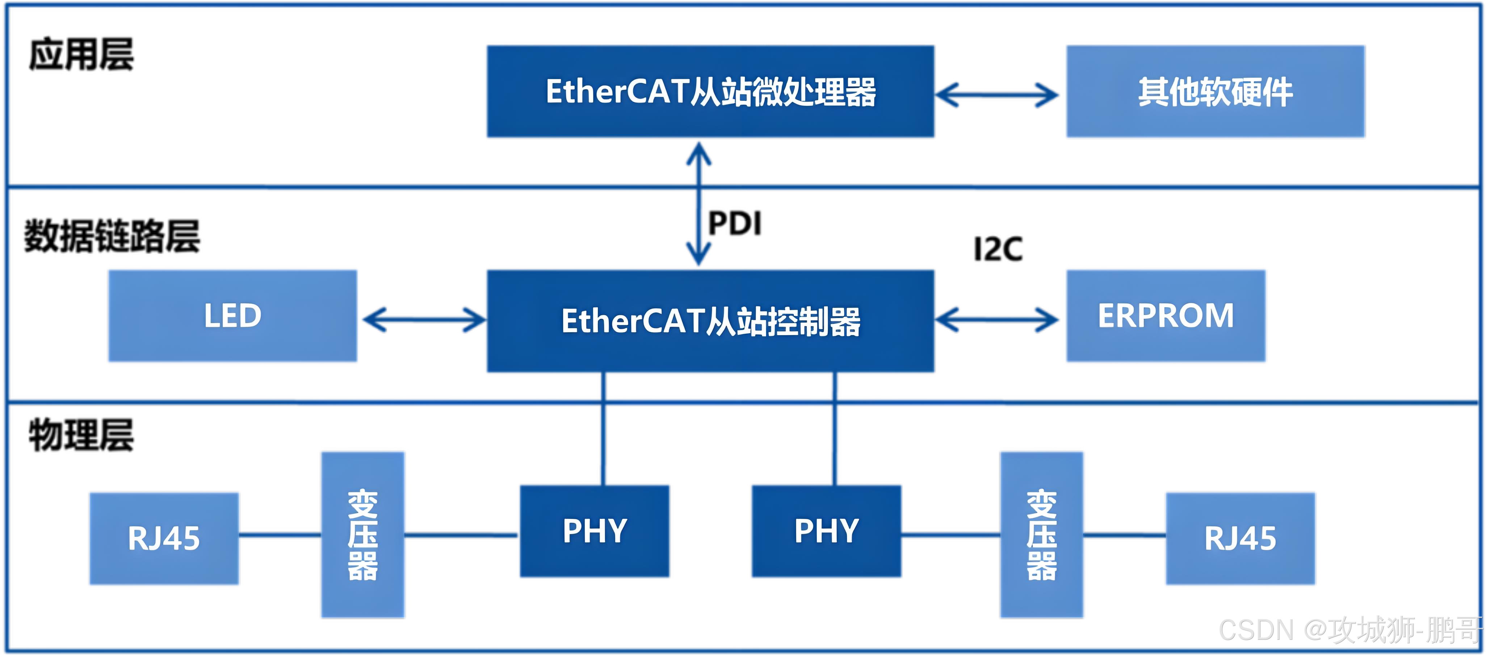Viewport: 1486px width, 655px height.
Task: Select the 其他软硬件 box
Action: pyautogui.click(x=1214, y=91)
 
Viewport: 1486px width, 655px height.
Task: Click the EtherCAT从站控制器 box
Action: pyautogui.click(x=710, y=321)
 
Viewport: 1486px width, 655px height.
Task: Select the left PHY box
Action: pyautogui.click(x=595, y=531)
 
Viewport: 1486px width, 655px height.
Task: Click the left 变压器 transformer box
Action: pyautogui.click(x=363, y=534)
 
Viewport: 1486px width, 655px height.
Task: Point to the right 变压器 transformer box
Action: pyautogui.click(x=1042, y=534)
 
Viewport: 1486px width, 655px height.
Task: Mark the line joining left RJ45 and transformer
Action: pyautogui.click(x=280, y=535)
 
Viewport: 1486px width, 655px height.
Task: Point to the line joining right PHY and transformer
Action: pyautogui.click(x=951, y=535)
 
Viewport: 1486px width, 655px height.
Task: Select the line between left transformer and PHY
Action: pyautogui.click(x=462, y=535)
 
